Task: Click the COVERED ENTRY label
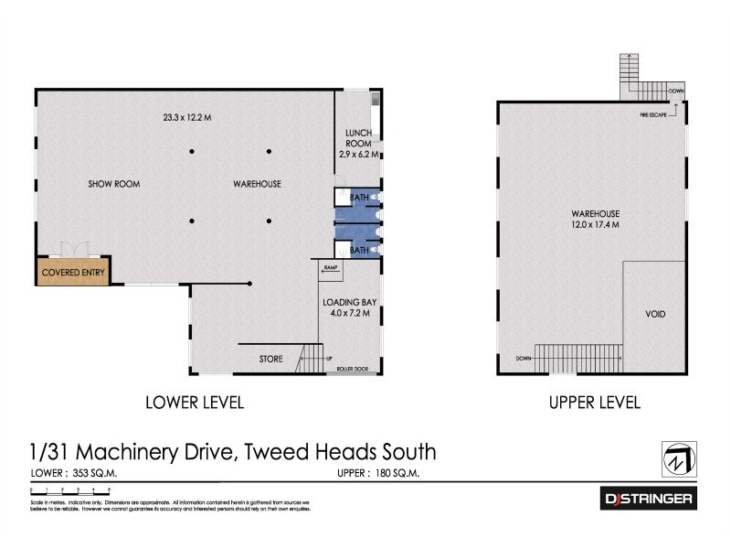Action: [74, 272]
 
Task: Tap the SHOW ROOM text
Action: [113, 184]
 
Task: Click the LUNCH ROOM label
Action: [357, 138]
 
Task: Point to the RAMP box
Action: [331, 267]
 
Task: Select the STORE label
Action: [270, 358]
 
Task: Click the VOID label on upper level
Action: [655, 315]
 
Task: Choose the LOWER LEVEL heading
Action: [195, 402]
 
